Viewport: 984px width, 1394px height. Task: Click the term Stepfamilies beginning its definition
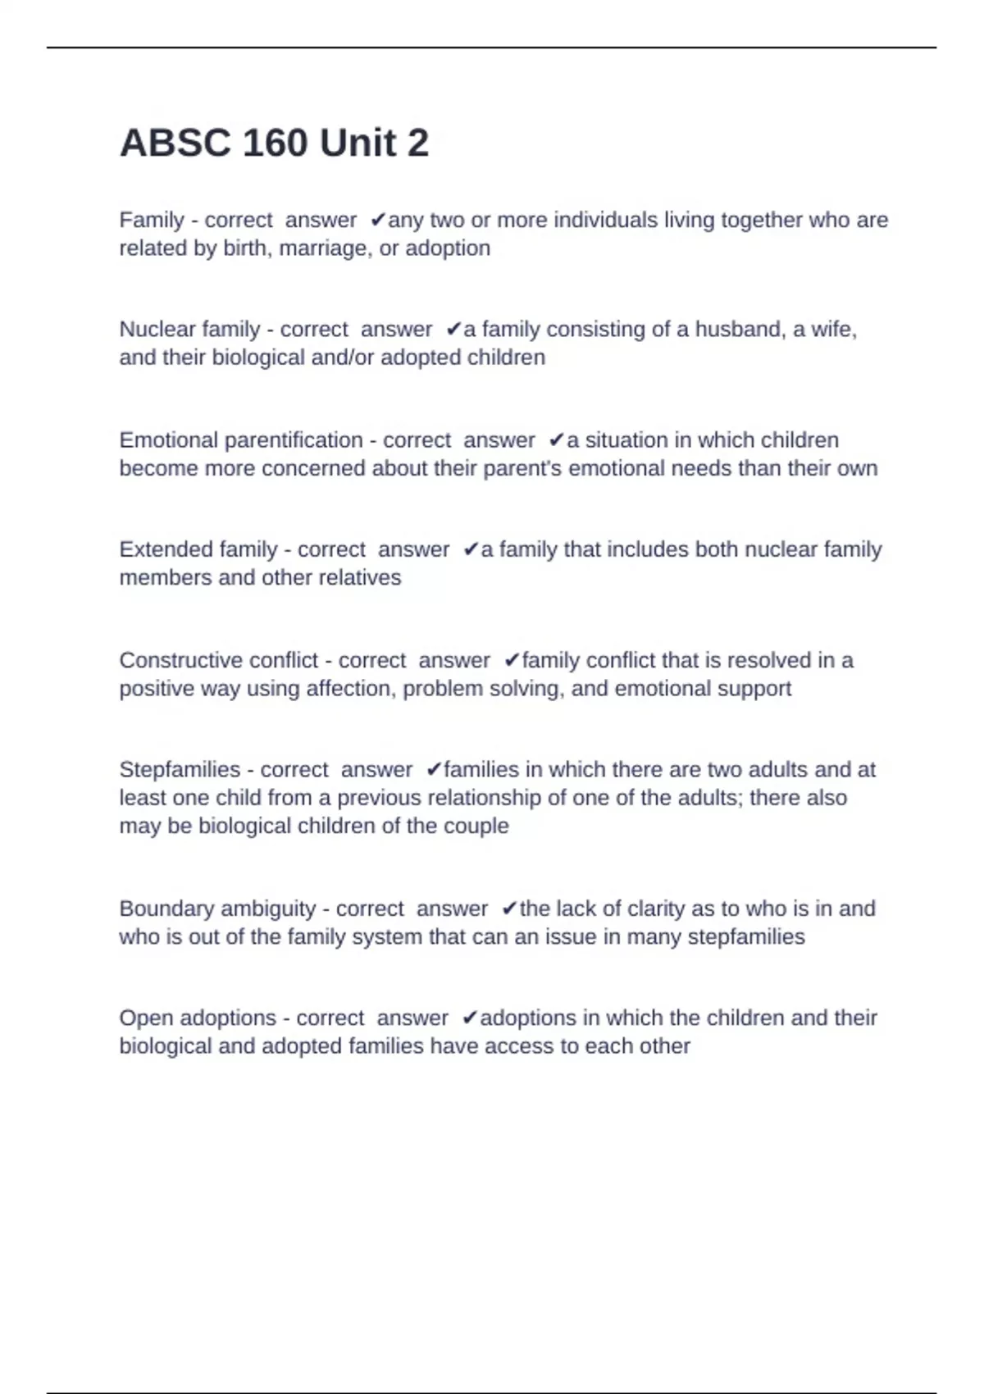tap(180, 770)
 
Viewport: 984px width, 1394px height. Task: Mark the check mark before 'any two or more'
tap(378, 220)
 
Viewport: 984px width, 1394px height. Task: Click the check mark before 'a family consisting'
tap(453, 330)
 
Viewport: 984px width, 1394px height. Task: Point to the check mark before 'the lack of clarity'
tap(509, 909)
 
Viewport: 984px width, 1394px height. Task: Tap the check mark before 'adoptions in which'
tap(470, 1018)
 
